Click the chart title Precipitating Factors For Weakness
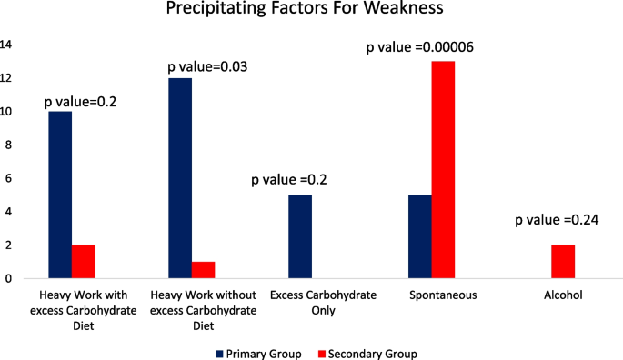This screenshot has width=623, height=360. (x=311, y=11)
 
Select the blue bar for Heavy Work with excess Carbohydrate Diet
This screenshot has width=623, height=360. (x=60, y=195)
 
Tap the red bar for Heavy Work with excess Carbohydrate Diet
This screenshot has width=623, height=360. (x=83, y=261)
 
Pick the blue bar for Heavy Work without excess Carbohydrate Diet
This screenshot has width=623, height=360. (x=180, y=178)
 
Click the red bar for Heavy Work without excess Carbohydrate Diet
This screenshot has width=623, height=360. (x=204, y=270)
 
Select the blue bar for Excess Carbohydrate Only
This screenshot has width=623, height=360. (x=300, y=236)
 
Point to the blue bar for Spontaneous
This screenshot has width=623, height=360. (x=420, y=236)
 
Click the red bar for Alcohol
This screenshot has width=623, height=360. (x=563, y=261)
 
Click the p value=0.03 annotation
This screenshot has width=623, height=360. (x=208, y=66)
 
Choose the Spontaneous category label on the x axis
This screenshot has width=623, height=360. (x=431, y=295)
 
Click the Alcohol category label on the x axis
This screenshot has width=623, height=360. (x=551, y=295)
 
